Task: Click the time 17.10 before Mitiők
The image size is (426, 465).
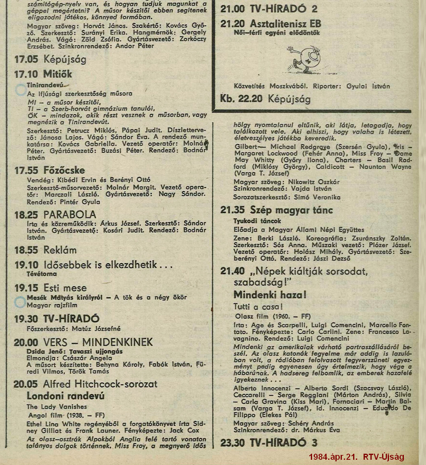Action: (x=26, y=74)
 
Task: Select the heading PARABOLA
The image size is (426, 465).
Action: (x=70, y=215)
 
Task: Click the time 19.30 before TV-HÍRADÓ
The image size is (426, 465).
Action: (x=26, y=319)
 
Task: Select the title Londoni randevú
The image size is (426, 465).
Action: (x=66, y=396)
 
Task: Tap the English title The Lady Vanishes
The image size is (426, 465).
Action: (x=57, y=407)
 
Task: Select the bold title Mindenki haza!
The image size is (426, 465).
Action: (x=270, y=295)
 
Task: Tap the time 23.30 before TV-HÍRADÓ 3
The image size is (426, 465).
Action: (x=232, y=443)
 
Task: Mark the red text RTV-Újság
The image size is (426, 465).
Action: (x=383, y=457)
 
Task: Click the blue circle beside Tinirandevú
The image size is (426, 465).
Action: (x=21, y=90)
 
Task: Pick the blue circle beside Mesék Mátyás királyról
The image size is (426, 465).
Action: (x=20, y=302)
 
